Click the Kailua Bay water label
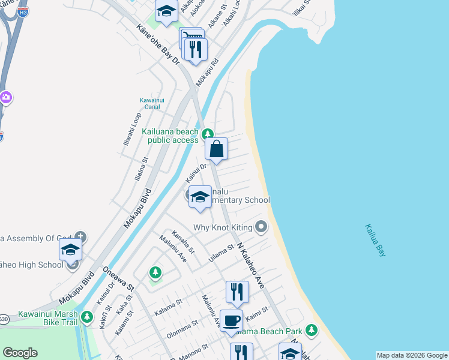tap(375, 241)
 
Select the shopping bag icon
tap(216, 148)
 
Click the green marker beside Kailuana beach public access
tap(208, 134)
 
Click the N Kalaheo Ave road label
tap(250, 266)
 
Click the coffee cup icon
tap(231, 320)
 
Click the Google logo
tap(20, 353)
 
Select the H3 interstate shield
tap(22, 11)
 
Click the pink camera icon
tap(5, 97)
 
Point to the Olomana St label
tap(182, 329)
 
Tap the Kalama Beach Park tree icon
tap(311, 330)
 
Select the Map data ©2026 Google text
tap(412, 355)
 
